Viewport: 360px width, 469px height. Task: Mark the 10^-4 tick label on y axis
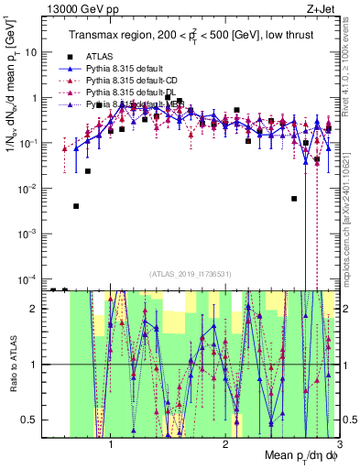point(27,278)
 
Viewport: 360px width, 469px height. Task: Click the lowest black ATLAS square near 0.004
point(76,206)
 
